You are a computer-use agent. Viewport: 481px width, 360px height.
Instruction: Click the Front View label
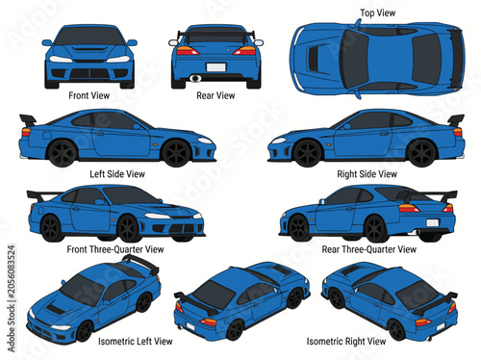coord(89,95)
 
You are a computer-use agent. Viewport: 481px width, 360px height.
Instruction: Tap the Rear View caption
coord(215,95)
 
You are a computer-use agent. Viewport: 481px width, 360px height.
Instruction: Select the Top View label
coord(377,13)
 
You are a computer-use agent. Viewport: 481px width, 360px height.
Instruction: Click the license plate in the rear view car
coord(216,67)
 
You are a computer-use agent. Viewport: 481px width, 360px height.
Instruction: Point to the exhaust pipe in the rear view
coord(195,78)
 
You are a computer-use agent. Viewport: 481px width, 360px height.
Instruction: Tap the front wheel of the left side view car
coord(177,153)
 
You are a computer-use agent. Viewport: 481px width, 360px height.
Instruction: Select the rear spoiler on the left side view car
coord(28,119)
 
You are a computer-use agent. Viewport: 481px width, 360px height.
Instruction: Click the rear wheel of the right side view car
coord(421,153)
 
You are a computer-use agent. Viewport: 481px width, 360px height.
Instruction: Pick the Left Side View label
coord(117,174)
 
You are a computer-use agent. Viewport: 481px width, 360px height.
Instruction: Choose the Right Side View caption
coord(367,174)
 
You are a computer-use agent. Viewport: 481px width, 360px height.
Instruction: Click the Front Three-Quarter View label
coord(115,249)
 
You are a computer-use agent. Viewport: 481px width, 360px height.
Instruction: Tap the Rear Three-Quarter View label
coord(369,249)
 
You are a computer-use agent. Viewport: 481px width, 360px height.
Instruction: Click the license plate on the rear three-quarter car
coord(432,222)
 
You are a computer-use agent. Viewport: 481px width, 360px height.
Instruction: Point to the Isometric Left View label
coord(136,341)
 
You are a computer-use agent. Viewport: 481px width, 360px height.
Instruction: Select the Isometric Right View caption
coord(346,341)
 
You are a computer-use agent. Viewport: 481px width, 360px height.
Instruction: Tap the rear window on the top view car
coord(425,58)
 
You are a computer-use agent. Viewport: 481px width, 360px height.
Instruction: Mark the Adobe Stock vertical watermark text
coord(12,298)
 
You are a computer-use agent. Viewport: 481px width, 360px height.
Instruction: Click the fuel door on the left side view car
coord(47,135)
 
